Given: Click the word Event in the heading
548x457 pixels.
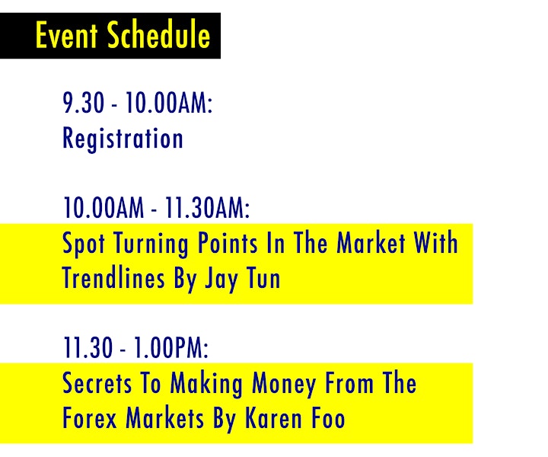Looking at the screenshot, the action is click(x=66, y=35).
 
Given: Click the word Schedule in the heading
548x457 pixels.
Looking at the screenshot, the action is click(x=158, y=34).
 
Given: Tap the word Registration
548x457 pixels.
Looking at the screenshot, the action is click(x=123, y=139).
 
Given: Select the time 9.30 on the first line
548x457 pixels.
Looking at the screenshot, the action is click(x=84, y=103).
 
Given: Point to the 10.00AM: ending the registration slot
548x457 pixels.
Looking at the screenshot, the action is click(x=169, y=103).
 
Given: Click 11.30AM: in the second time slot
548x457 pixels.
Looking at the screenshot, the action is click(x=207, y=207).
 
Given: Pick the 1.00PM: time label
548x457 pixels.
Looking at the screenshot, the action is click(x=171, y=347).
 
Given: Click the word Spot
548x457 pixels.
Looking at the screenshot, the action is click(x=84, y=244).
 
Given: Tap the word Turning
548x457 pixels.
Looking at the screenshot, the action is click(x=151, y=244).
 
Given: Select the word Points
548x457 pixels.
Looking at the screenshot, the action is click(x=228, y=243).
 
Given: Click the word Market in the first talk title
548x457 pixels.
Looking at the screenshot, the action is click(x=371, y=243).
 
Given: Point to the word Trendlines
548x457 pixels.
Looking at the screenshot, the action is click(x=113, y=277).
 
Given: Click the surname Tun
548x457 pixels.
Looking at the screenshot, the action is click(x=263, y=277).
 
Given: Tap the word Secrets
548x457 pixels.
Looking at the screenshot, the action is click(x=97, y=383).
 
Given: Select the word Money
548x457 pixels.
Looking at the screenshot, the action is click(x=284, y=384).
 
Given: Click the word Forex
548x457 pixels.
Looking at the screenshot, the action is click(x=90, y=418).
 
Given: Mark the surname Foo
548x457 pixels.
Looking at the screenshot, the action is click(x=328, y=418).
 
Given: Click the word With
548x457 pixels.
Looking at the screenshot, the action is click(x=436, y=243).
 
